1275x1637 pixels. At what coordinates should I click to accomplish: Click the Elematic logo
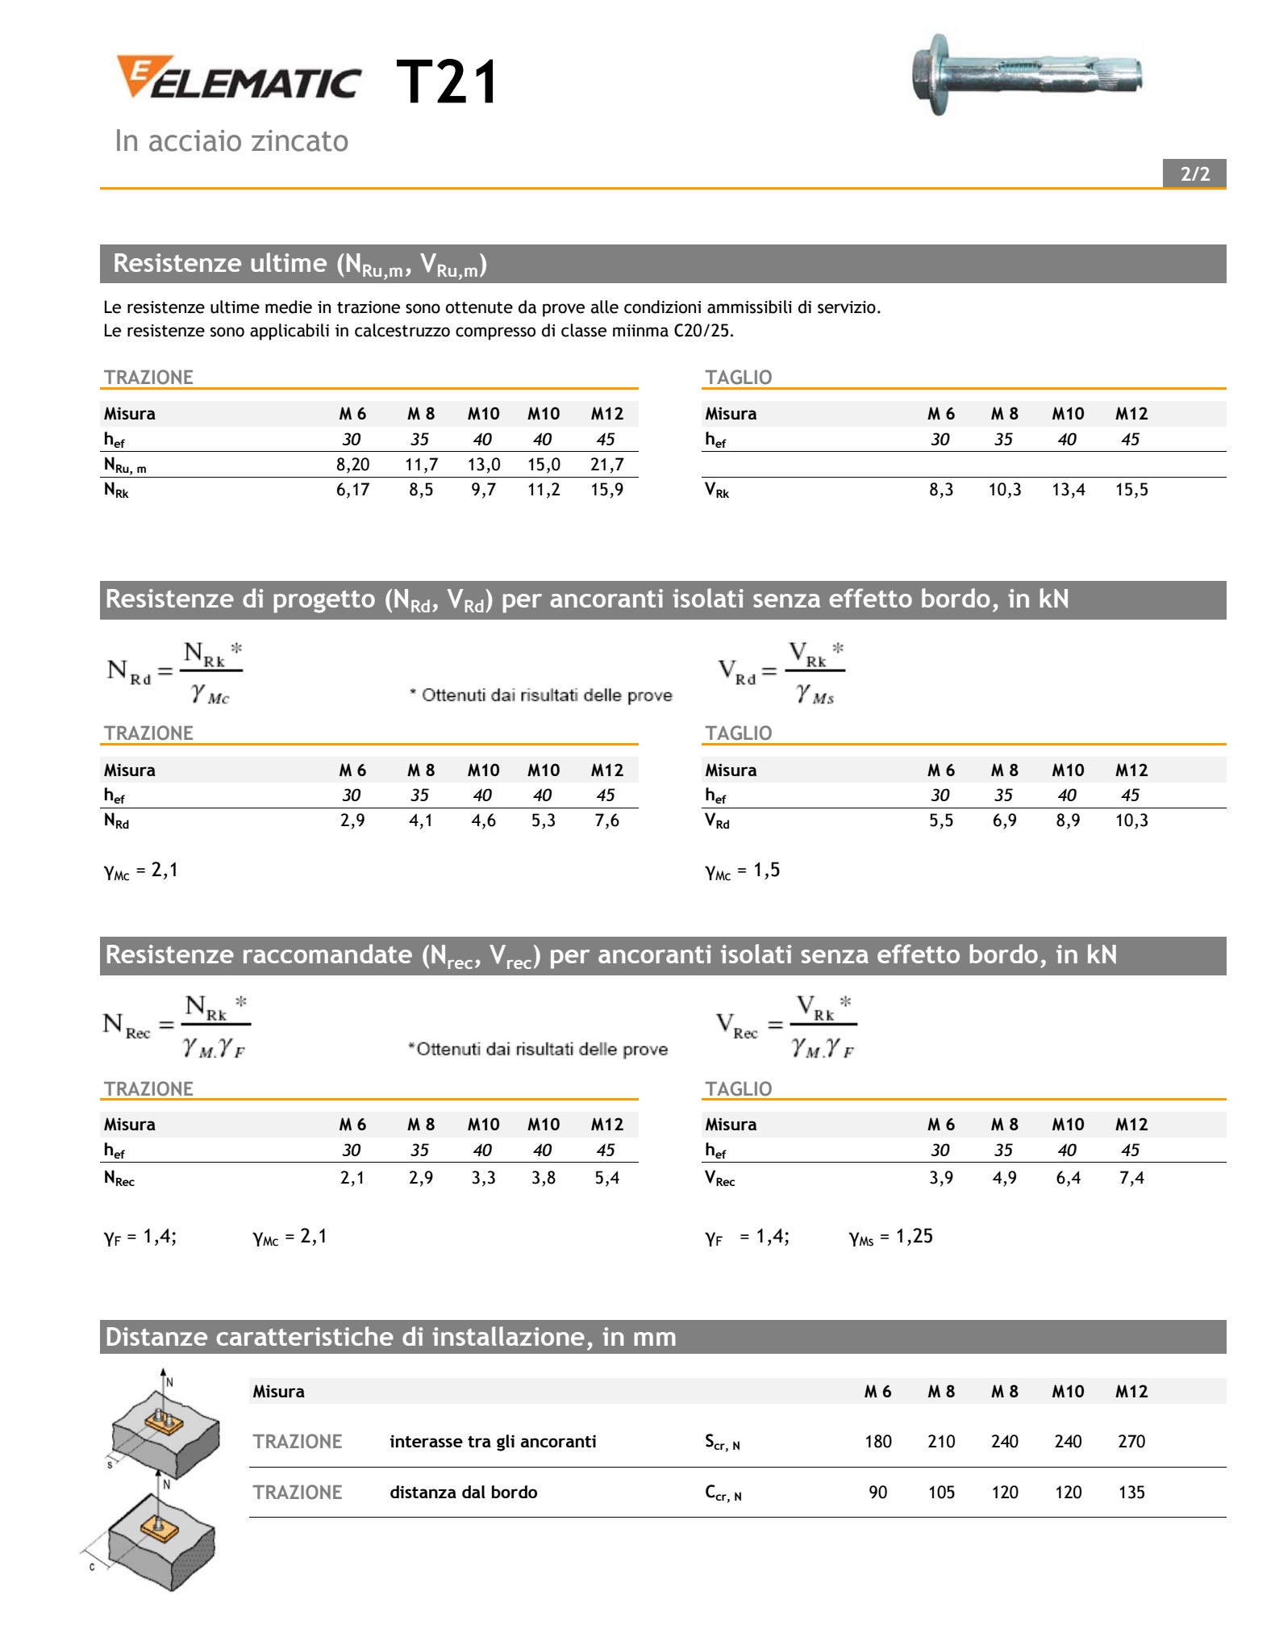238,78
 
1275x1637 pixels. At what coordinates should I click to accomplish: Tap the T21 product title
448,82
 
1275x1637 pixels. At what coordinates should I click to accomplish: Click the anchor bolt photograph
1027,75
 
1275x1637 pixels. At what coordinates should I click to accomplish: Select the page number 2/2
1194,174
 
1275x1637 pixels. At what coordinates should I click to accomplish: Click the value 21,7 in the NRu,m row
606,465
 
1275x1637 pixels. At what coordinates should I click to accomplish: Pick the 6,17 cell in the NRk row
352,490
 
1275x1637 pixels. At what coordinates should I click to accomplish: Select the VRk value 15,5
1131,490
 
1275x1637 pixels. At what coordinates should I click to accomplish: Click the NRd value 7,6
606,821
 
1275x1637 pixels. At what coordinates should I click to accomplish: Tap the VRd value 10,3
1131,821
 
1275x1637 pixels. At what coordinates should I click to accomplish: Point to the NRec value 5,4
606,1178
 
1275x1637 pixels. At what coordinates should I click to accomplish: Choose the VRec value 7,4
1131,1178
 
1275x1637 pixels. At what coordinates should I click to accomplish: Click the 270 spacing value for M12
1131,1442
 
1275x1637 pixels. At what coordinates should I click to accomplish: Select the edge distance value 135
1131,1493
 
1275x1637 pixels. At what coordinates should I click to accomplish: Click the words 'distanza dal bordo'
463,1493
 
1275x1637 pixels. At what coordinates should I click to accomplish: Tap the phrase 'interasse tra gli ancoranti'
493,1442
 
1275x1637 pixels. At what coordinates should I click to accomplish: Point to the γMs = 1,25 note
890,1237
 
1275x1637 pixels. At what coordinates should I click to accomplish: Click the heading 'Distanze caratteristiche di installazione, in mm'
390,1337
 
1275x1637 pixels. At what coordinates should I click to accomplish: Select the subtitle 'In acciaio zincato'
231,141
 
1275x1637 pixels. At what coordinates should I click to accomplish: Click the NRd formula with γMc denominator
175,672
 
